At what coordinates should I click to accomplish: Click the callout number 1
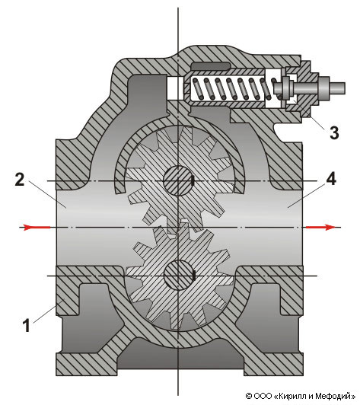27,325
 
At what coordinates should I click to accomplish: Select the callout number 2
19,179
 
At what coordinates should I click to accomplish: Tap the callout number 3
334,133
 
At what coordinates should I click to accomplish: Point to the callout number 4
331,179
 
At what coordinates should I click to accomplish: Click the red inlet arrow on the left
35,228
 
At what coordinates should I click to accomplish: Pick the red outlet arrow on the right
320,228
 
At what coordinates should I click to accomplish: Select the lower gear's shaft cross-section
179,276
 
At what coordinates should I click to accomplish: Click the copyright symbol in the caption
249,396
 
